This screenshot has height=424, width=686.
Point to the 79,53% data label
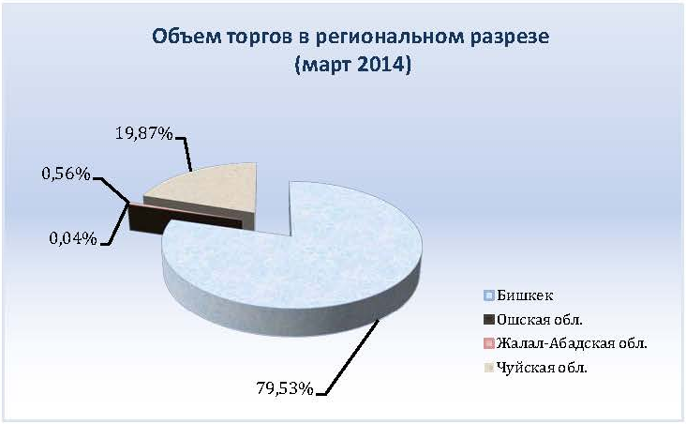[x=284, y=388]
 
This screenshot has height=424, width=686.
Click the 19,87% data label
[x=144, y=132]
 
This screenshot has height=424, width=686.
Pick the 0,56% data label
[x=66, y=174]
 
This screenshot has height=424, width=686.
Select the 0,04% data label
[x=73, y=238]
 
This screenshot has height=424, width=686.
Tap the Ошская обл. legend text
[x=540, y=320]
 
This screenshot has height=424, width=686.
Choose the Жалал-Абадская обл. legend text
[x=572, y=343]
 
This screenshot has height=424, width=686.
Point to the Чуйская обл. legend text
[x=542, y=368]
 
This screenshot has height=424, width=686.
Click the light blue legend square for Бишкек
[x=489, y=295]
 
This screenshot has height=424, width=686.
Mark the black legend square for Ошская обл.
[x=489, y=320]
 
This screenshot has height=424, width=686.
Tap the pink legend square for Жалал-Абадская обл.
[x=489, y=343]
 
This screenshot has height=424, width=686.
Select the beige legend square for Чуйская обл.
[x=489, y=368]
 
